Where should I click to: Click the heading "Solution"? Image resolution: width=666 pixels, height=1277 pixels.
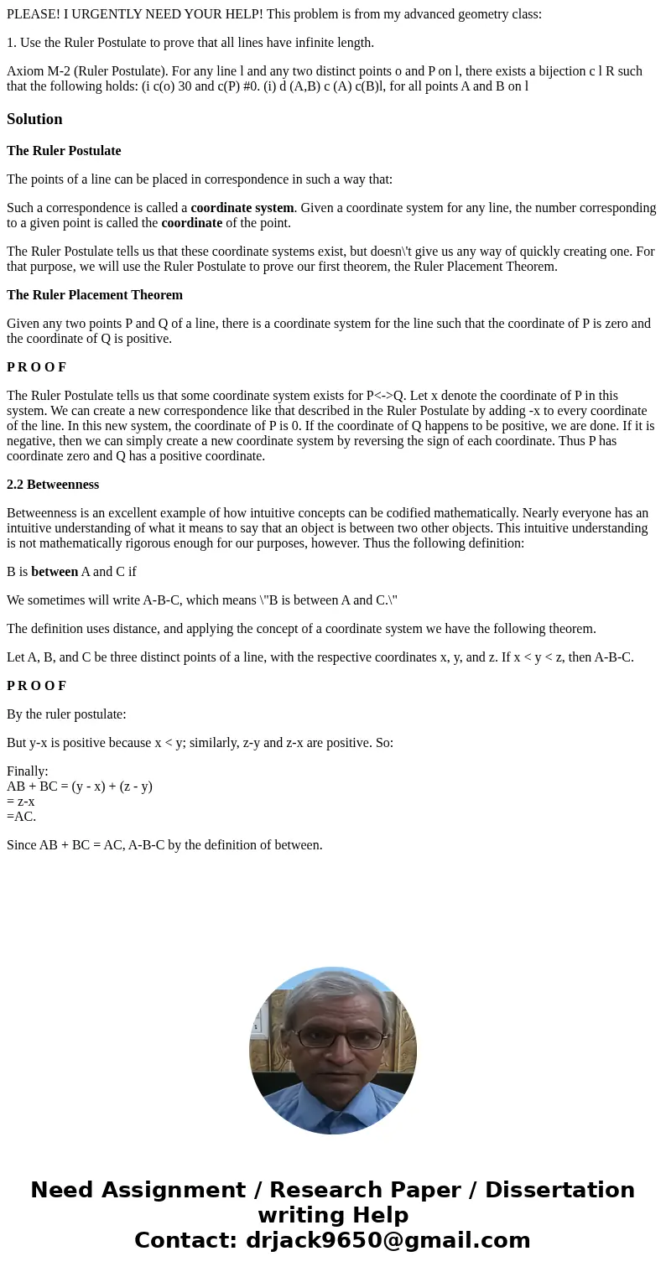point(34,119)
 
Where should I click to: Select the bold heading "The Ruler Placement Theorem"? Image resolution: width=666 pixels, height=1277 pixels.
point(95,295)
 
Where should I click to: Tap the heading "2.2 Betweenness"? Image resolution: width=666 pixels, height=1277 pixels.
point(53,485)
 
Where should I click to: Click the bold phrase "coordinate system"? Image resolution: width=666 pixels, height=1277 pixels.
point(242,208)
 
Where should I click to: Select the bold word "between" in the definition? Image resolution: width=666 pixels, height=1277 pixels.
point(55,572)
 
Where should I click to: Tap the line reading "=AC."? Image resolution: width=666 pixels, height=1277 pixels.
point(22,817)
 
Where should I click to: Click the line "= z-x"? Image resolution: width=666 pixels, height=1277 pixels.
point(21,802)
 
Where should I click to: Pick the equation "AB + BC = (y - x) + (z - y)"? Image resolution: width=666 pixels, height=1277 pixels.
point(80,786)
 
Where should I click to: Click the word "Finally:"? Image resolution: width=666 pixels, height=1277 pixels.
point(28,771)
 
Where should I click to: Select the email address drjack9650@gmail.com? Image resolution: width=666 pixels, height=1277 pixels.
point(388,1240)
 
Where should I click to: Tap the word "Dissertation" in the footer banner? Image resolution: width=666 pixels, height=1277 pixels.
point(559,1191)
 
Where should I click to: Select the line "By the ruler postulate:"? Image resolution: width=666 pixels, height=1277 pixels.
point(66,714)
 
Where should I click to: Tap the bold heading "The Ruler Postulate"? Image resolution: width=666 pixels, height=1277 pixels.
point(64,151)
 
